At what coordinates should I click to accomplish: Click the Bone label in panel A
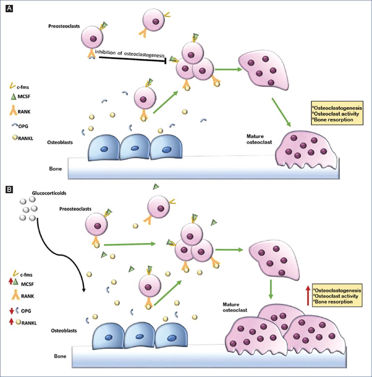tap(55, 169)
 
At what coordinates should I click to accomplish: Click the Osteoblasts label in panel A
tap(59, 143)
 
